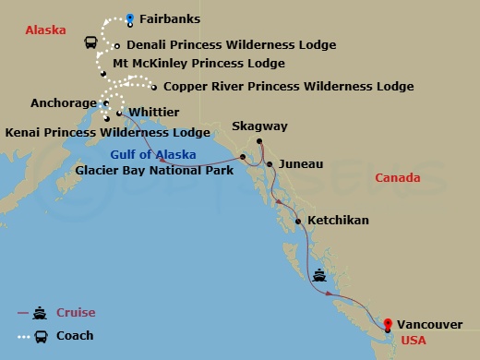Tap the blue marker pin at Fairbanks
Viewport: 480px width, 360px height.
(130, 17)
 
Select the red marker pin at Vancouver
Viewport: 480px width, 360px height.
(388, 324)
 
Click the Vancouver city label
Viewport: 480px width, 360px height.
(426, 324)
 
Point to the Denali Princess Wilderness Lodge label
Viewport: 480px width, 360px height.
(231, 44)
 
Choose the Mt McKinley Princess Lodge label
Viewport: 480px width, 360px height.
(198, 64)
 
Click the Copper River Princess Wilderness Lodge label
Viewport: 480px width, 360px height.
(288, 87)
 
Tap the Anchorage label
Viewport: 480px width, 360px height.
(63, 103)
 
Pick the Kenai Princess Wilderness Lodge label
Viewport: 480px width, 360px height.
(107, 133)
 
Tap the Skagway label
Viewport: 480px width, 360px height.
(259, 126)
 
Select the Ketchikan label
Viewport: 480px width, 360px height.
(338, 221)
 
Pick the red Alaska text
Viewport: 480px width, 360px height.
(45, 30)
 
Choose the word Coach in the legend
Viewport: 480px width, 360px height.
(75, 336)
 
